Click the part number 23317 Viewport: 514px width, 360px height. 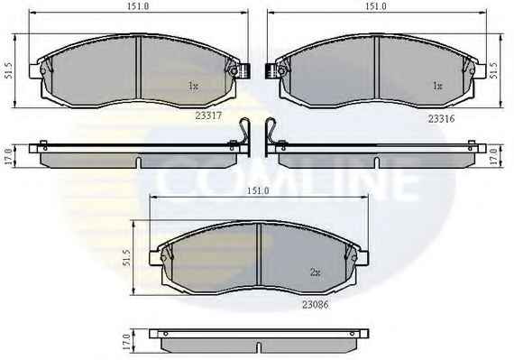(208, 115)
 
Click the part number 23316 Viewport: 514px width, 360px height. (441, 119)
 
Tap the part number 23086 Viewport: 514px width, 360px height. (315, 305)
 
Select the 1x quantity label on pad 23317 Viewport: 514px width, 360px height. (193, 87)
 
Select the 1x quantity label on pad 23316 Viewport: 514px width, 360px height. (437, 86)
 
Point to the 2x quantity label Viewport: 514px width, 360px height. (315, 272)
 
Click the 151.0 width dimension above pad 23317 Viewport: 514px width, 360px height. (139, 6)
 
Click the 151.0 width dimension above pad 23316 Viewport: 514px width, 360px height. (376, 6)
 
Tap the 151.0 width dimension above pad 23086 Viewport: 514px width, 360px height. (258, 190)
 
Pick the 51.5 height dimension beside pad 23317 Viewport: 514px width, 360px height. (9, 70)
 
